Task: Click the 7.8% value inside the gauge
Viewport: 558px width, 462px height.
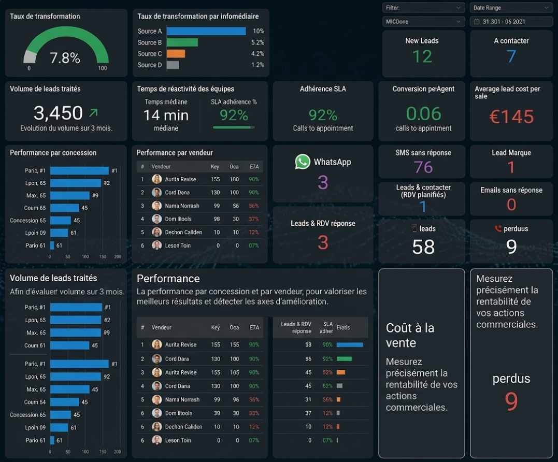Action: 65,58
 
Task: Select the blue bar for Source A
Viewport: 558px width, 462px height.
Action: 206,31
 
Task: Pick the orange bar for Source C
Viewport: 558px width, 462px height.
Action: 176,53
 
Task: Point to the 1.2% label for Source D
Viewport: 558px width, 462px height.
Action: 257,65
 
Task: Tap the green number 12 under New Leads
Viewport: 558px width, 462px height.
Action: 422,56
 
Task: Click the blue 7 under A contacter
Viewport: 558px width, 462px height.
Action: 511,56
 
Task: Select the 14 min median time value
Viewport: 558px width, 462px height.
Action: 166,115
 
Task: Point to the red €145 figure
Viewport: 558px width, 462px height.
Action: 511,117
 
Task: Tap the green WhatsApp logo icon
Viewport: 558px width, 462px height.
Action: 303,162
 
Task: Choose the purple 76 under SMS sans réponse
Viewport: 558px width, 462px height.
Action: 423,167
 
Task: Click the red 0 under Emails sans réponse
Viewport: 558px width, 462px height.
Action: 511,205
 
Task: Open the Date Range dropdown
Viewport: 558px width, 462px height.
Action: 511,8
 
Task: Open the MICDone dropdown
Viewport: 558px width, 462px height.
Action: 423,22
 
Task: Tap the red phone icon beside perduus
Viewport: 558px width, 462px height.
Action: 498,228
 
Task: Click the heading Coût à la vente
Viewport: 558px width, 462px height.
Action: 410,335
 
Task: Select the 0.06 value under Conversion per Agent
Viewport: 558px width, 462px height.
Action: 423,113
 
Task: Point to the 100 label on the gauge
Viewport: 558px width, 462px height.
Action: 103,68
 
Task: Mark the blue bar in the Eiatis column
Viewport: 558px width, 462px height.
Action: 350,344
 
